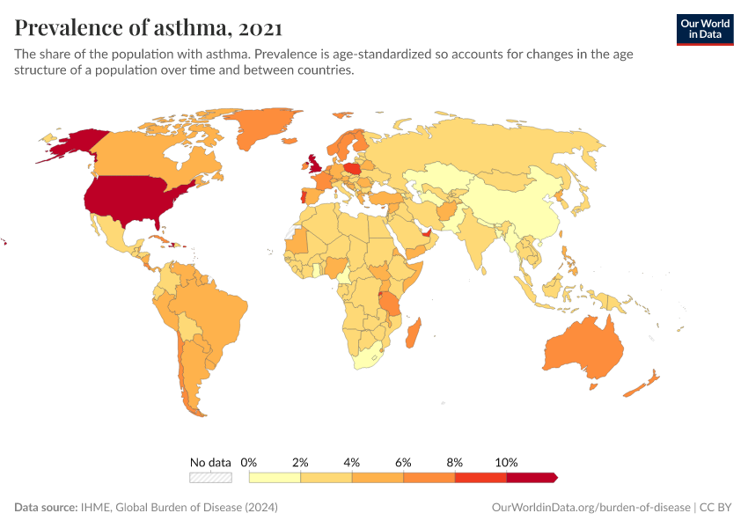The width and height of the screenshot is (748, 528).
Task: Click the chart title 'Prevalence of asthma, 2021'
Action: (148, 28)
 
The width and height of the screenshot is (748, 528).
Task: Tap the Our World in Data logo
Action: (704, 29)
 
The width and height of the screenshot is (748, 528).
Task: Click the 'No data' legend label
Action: (210, 462)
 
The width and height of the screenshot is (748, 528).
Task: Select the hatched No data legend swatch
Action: (210, 477)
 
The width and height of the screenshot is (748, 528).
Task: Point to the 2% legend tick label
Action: (300, 462)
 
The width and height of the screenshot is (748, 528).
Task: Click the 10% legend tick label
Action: (506, 462)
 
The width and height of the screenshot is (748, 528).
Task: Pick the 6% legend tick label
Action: (403, 462)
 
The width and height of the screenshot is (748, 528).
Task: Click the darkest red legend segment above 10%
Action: (532, 477)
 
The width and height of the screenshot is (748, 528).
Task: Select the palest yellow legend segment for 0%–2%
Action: (275, 477)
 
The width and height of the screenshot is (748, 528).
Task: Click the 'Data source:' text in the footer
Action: (45, 508)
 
